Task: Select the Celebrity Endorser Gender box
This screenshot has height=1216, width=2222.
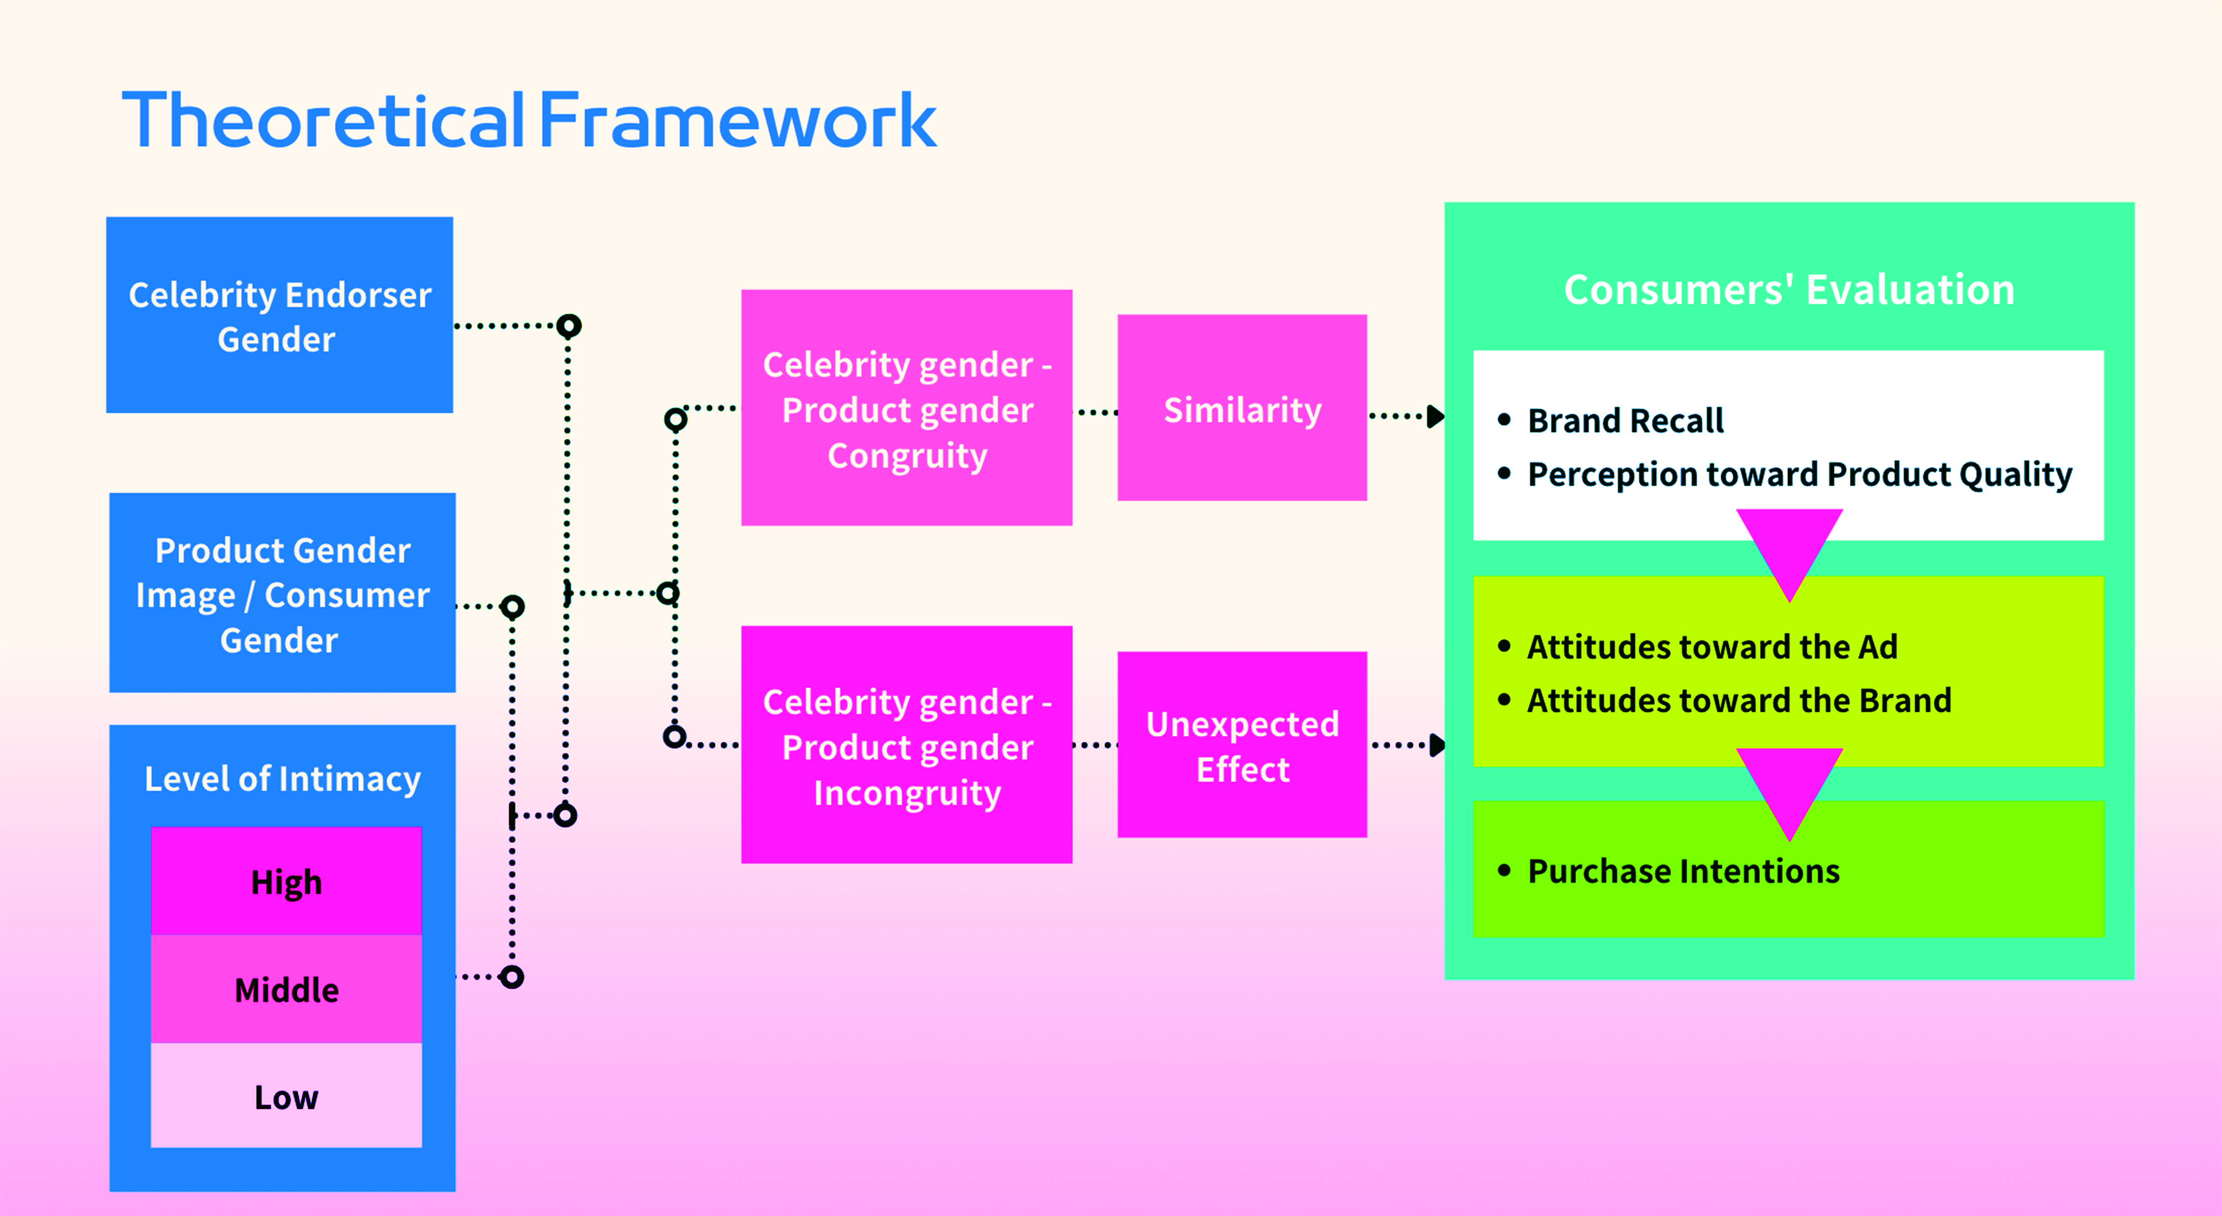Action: click(x=279, y=316)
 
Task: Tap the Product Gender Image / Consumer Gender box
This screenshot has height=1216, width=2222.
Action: click(x=282, y=594)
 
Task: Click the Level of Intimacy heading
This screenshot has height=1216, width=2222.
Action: click(x=282, y=779)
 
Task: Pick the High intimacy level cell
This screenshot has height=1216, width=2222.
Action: click(x=286, y=882)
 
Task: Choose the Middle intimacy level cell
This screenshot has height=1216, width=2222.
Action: click(x=286, y=990)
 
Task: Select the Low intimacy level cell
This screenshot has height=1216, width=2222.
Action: click(x=286, y=1097)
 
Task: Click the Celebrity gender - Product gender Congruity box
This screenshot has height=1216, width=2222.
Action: click(x=906, y=409)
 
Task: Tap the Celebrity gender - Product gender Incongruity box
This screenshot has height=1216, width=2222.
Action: click(x=906, y=746)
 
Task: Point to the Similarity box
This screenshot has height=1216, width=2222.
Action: click(x=1242, y=409)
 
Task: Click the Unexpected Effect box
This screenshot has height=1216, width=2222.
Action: click(x=1242, y=746)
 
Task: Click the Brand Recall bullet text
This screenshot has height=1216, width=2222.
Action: click(x=1625, y=421)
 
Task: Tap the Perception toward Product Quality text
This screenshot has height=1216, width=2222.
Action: click(x=1799, y=474)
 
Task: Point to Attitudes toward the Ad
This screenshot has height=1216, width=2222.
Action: click(x=1712, y=647)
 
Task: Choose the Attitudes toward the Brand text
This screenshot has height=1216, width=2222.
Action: click(x=1739, y=700)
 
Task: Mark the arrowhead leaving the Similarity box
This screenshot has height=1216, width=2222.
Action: click(x=1435, y=417)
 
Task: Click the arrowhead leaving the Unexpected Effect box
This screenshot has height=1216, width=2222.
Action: click(x=1437, y=745)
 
